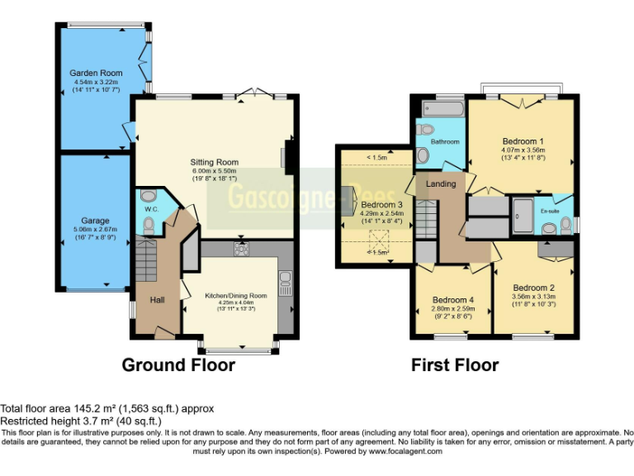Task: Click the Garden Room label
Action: (x=90, y=74)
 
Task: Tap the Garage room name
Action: (x=96, y=221)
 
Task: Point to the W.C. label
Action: (x=150, y=209)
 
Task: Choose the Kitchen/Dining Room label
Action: (x=236, y=295)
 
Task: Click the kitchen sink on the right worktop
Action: (x=285, y=283)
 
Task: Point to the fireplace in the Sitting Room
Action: (x=289, y=157)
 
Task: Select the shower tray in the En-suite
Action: (x=522, y=213)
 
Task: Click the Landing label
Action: (x=441, y=183)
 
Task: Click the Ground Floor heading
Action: (x=178, y=365)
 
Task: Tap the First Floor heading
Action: (x=455, y=365)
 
